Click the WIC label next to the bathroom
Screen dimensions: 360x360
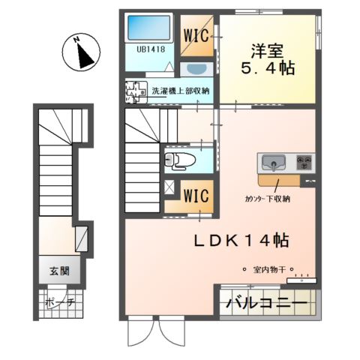point(198,34)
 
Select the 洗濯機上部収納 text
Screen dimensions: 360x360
point(180,91)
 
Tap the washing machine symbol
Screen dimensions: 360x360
point(136,91)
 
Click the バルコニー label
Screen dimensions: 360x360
point(267,304)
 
